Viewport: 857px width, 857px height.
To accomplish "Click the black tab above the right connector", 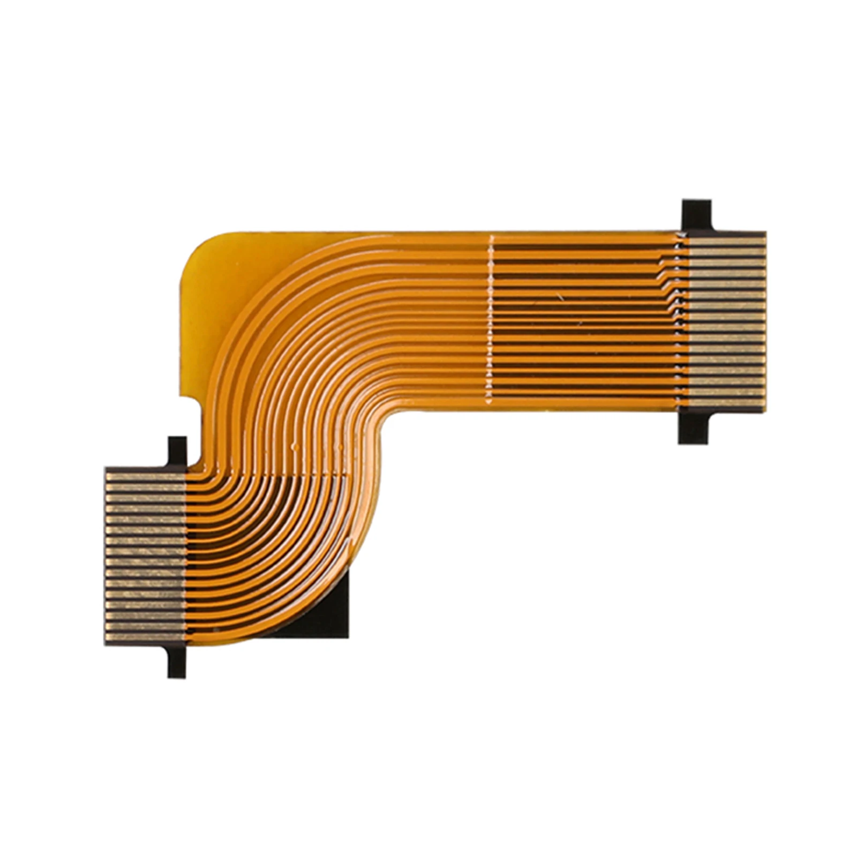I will coord(696,215).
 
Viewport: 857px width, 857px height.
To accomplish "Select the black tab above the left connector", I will coord(177,452).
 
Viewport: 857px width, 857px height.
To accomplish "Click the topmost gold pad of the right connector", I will coord(726,242).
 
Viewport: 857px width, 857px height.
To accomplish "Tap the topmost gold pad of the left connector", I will coord(145,476).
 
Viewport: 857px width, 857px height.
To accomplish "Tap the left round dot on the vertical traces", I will coord(294,445).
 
